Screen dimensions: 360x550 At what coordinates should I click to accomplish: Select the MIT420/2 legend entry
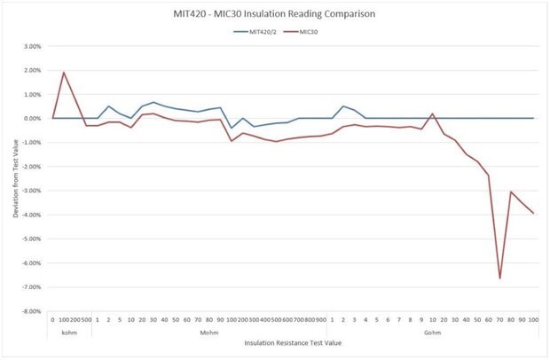[256, 32]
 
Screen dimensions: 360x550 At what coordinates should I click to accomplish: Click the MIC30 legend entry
[304, 32]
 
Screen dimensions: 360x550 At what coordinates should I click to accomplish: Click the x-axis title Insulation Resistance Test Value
[292, 342]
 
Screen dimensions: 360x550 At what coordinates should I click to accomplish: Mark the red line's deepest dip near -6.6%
[499, 278]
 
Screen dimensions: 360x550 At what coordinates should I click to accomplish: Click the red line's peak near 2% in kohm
[64, 73]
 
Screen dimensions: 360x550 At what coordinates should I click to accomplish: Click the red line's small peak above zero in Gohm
[432, 113]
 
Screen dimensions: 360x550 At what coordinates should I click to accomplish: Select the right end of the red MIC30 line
[534, 214]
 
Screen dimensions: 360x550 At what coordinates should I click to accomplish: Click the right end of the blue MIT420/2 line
[534, 118]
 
